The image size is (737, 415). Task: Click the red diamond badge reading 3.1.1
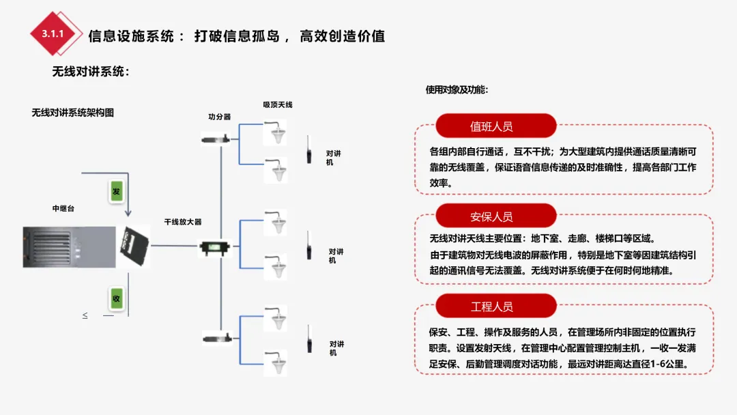(53, 33)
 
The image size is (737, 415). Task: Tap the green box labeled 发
(116, 191)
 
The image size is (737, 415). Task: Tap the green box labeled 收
(116, 298)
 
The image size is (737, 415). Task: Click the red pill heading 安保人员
(491, 216)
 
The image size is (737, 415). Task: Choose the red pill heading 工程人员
(491, 306)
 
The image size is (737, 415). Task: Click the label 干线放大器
(183, 222)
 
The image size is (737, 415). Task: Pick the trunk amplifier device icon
(216, 247)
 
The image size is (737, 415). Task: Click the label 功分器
(220, 117)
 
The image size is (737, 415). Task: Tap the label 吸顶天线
(278, 104)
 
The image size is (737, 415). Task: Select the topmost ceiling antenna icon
(276, 130)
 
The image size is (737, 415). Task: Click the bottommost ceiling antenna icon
(276, 362)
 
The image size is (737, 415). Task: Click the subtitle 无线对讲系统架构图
(72, 113)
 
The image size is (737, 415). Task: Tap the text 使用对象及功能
(457, 89)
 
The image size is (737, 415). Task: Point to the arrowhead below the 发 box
(128, 214)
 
